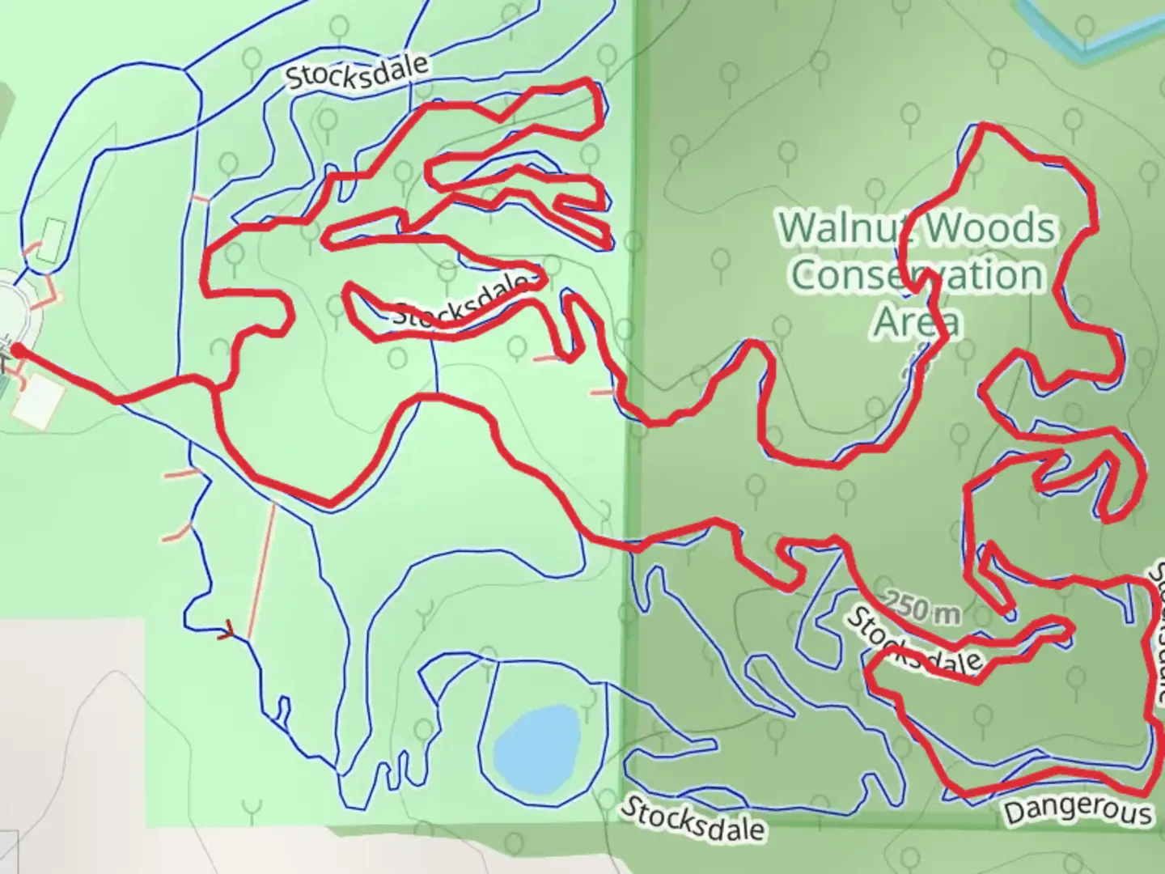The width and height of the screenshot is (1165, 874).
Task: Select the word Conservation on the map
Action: click(917, 275)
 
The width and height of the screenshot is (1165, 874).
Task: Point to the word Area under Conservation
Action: click(917, 320)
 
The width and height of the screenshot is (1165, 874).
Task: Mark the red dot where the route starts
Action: click(15, 350)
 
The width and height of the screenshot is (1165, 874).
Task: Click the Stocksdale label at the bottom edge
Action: click(693, 817)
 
